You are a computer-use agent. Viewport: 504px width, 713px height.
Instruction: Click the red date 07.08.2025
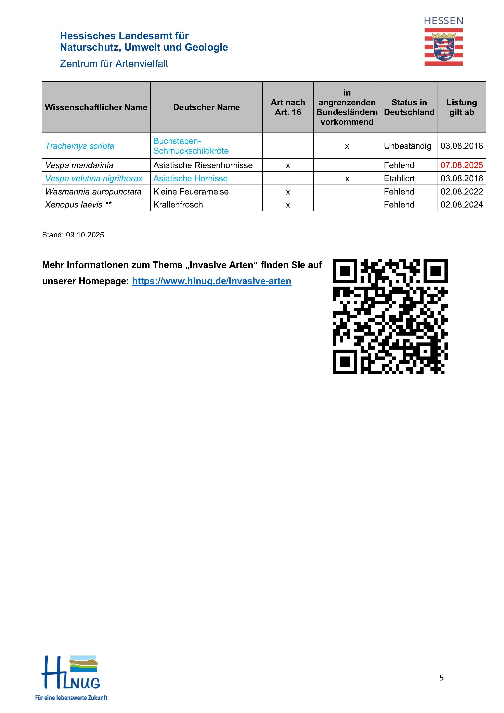tap(462, 165)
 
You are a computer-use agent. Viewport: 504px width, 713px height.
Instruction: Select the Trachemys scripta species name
tap(80, 146)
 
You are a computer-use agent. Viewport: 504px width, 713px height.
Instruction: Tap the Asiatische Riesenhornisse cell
tap(203, 165)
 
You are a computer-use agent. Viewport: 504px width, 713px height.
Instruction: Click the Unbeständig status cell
tap(408, 146)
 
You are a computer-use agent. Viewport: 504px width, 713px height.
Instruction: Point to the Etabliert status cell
tap(399, 179)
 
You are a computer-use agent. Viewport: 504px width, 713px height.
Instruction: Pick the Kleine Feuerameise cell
tap(191, 192)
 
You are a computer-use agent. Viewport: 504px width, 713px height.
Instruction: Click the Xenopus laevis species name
tap(74, 205)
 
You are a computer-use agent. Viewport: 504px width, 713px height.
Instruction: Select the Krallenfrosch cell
tap(178, 205)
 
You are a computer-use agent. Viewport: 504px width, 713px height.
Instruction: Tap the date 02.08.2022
tap(462, 192)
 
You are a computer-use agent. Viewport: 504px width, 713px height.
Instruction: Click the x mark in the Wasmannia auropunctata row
tap(288, 192)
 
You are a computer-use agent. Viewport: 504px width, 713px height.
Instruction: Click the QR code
tap(390, 316)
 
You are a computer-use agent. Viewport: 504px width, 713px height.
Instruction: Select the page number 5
tap(441, 678)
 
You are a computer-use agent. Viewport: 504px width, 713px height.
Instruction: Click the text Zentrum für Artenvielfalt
tap(114, 64)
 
